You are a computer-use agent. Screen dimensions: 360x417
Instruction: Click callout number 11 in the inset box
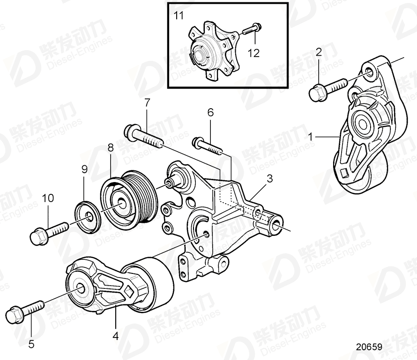pos(179,16)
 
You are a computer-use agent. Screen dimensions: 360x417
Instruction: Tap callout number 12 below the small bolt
pos(253,53)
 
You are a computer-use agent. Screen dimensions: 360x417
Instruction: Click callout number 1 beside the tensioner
pos(310,137)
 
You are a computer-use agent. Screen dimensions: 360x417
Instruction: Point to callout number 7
pos(147,102)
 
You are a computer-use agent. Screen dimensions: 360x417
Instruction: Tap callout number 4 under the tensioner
pos(115,335)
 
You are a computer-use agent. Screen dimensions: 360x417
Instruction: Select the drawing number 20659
pos(369,348)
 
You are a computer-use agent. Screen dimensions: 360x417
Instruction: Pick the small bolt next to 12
pos(252,29)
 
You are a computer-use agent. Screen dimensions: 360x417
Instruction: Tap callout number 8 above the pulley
pos(111,147)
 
